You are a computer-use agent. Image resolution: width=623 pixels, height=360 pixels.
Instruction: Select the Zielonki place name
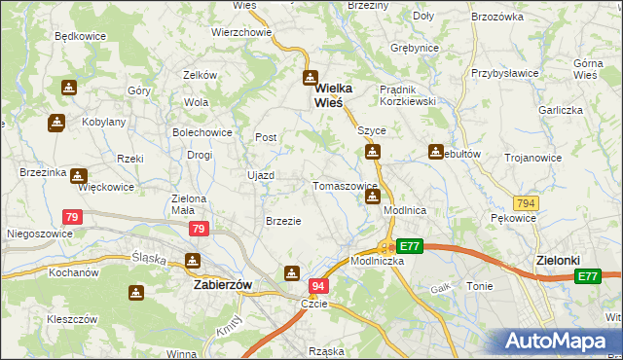pyautogui.click(x=558, y=261)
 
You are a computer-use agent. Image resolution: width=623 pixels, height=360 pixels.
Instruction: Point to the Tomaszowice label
pyautogui.click(x=344, y=186)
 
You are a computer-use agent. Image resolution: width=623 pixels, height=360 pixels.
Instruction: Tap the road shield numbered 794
pyautogui.click(x=527, y=203)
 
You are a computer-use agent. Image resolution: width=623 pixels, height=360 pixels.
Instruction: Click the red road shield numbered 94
pyautogui.click(x=318, y=286)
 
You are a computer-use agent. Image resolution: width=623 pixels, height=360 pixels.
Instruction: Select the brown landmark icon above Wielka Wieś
pyautogui.click(x=310, y=79)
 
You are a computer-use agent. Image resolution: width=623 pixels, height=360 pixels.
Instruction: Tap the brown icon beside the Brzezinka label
pyautogui.click(x=75, y=174)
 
